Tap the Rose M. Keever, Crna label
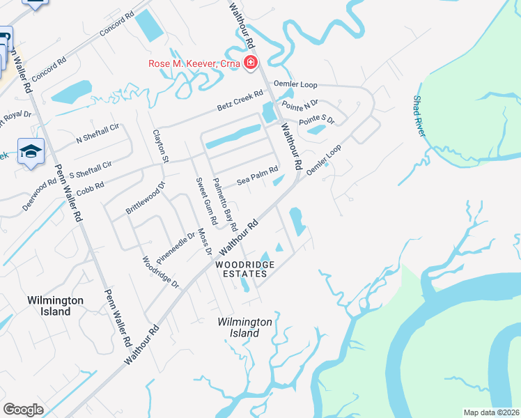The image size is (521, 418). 194,64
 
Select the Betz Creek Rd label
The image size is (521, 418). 240,100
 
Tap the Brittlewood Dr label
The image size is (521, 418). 145,197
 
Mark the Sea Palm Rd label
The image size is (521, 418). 257,175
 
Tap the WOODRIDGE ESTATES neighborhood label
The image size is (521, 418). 244,269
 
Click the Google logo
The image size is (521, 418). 23,410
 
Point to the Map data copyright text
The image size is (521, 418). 490,412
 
